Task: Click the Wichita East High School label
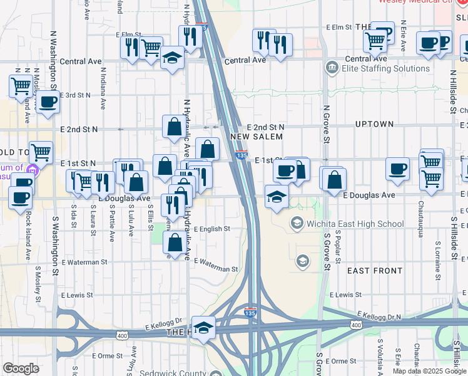(x=356, y=224)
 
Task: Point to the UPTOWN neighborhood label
(x=374, y=124)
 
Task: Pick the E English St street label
(x=212, y=229)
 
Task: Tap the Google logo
(x=21, y=368)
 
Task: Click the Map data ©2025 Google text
(x=429, y=371)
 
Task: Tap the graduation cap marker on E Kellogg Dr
(x=203, y=328)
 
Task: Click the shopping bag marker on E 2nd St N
(x=173, y=127)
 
